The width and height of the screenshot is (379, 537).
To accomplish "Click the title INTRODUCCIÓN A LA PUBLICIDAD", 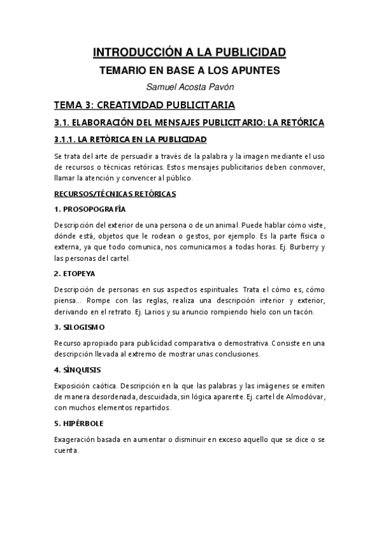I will [189, 52].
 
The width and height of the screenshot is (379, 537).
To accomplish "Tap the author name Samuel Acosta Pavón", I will [189, 87].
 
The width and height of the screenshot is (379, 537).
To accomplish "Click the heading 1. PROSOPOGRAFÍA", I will [90, 208].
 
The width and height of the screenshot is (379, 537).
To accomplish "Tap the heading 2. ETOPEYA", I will [77, 273].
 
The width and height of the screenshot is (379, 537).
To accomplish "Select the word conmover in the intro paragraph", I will [307, 166].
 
